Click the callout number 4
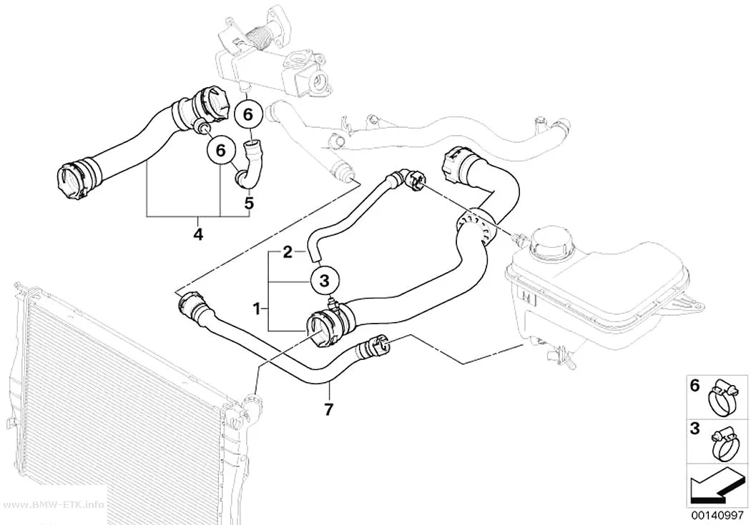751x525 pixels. pos(198,234)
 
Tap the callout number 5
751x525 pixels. pos(249,203)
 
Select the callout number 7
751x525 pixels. pos(328,410)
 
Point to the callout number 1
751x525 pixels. pos(257,309)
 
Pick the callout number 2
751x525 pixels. pos(288,251)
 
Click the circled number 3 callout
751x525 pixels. pos(324,281)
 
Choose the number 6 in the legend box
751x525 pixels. pos(695,386)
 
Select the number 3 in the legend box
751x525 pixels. pos(695,429)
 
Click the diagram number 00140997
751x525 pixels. pos(717,515)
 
